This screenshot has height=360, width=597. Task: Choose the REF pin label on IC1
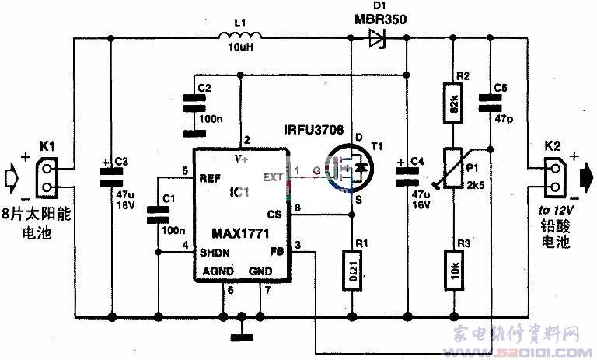click(x=208, y=179)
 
